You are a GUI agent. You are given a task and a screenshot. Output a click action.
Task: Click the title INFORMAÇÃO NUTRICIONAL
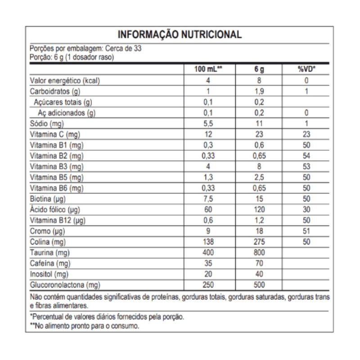point(180,35)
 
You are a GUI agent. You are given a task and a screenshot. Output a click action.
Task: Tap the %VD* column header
point(307,70)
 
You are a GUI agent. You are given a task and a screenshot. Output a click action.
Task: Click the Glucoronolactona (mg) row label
point(64,285)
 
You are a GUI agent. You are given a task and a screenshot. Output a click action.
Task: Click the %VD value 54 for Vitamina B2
point(307,156)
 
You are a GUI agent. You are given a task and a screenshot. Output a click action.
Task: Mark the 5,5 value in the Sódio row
point(208,124)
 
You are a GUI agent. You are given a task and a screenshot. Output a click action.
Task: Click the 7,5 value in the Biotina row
point(208,199)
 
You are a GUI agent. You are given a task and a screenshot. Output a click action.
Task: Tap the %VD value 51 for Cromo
point(307,231)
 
